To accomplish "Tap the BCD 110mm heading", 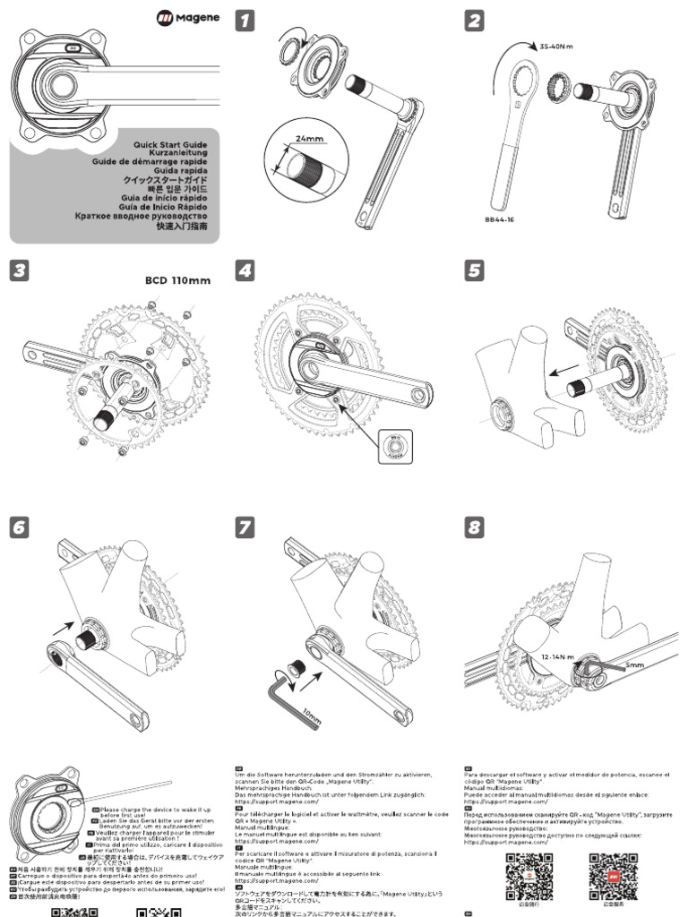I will [x=177, y=280].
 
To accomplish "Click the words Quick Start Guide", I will [x=170, y=144].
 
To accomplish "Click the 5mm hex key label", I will [x=637, y=666].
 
